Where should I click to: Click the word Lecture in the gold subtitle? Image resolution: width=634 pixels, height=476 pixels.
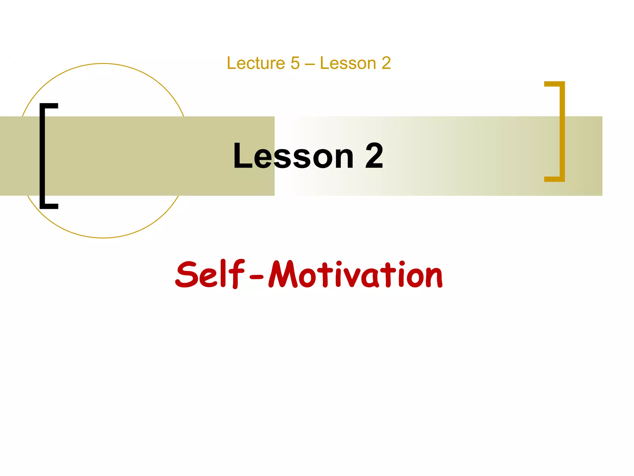(256, 63)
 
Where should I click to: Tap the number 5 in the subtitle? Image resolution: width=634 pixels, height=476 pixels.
(295, 63)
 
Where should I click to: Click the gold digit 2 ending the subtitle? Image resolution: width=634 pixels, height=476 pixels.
(386, 63)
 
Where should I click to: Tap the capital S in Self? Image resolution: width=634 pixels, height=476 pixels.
(187, 275)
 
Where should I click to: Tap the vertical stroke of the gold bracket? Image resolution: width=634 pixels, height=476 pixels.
(562, 131)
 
